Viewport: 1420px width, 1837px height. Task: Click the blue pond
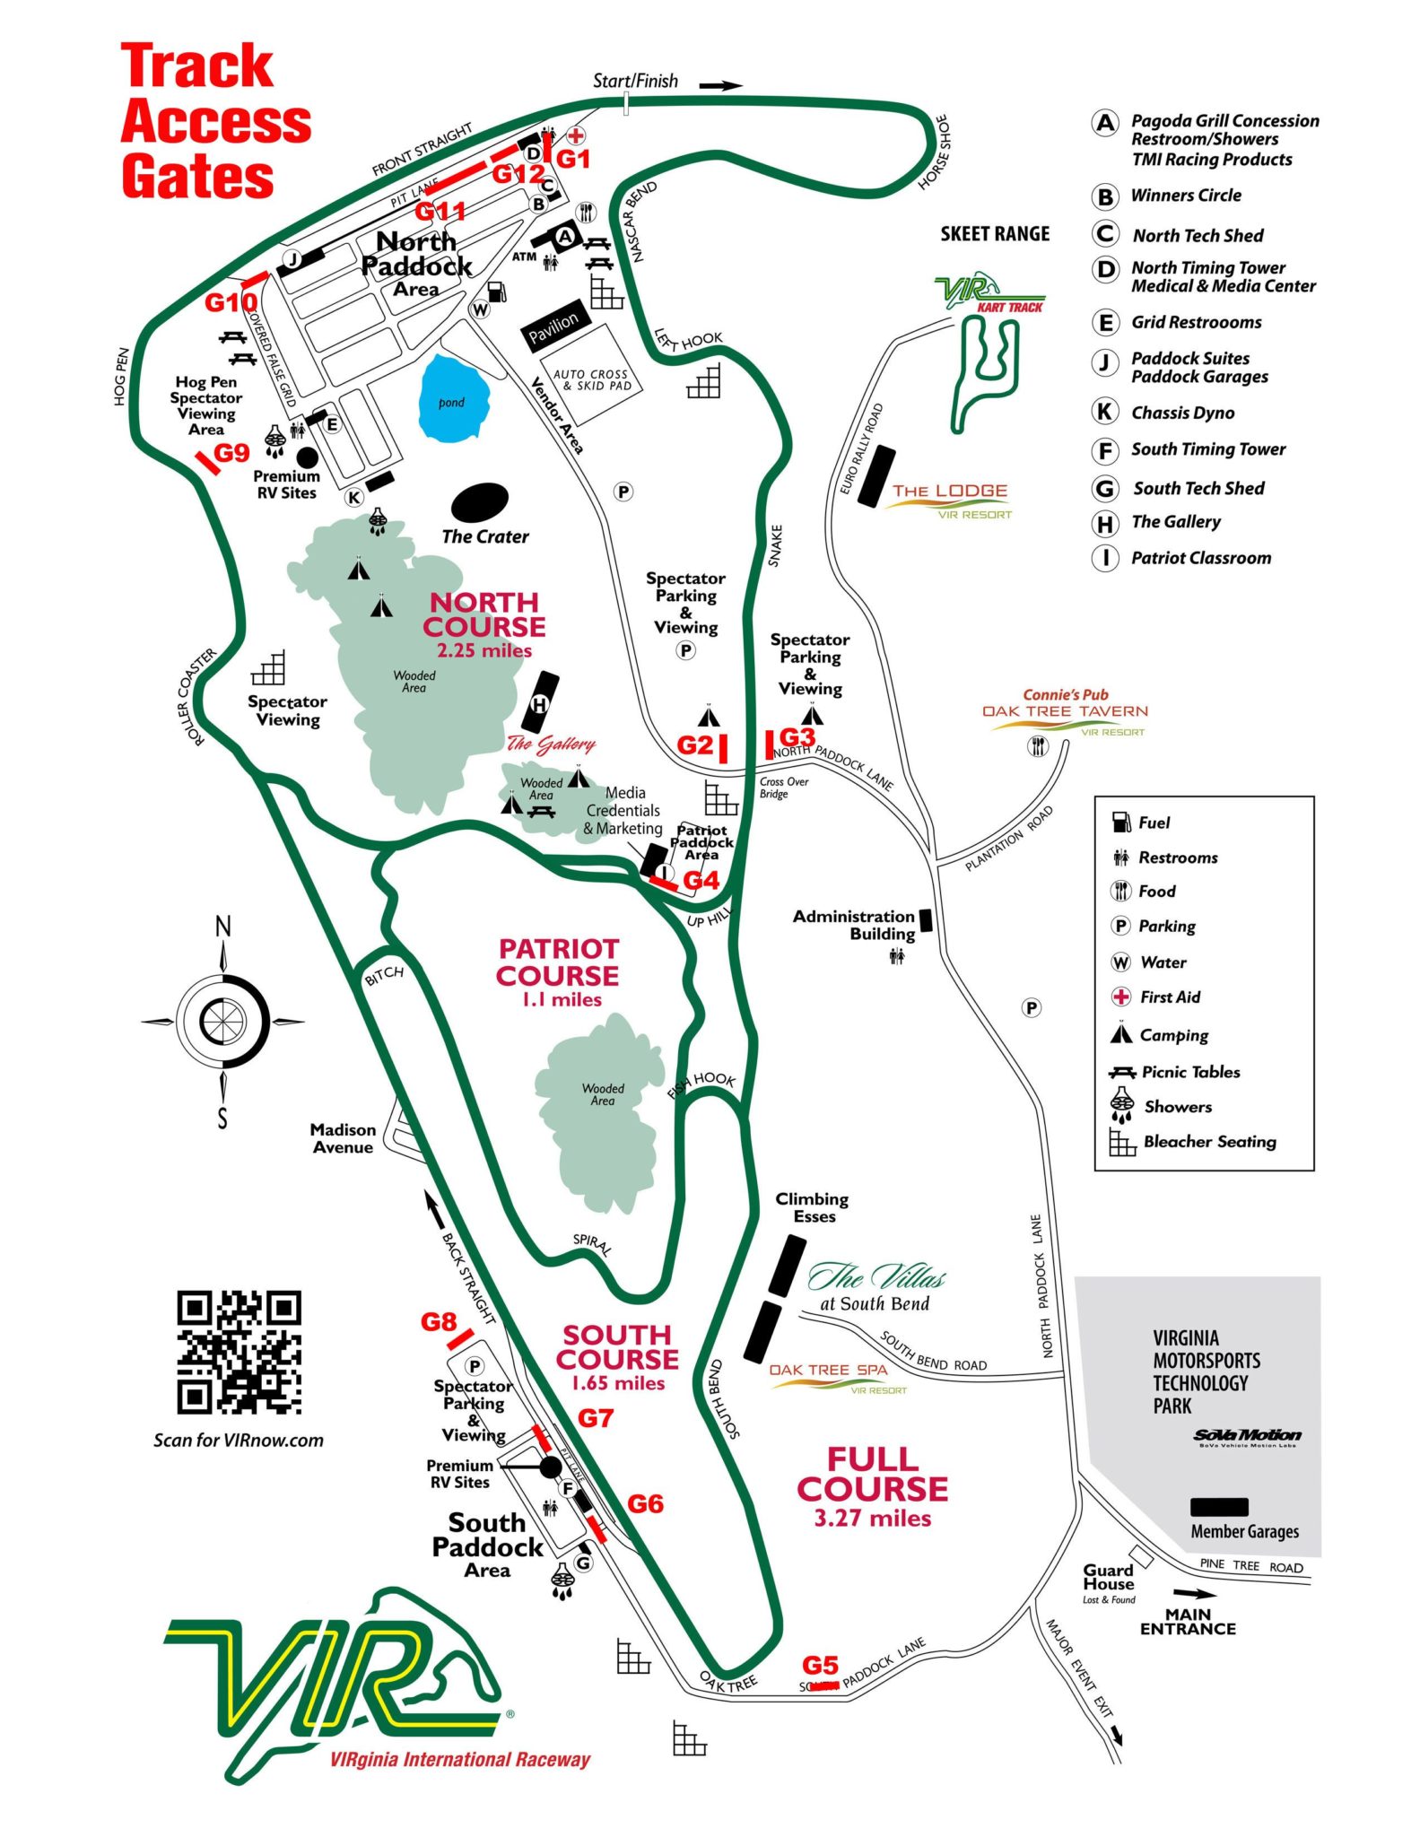(454, 399)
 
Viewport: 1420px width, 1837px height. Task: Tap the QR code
(239, 1352)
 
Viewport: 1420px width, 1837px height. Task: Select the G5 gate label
(820, 1666)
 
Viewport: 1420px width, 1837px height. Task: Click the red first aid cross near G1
(575, 136)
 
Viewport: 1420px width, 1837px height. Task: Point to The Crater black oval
(480, 502)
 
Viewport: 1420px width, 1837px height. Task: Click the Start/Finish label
(635, 81)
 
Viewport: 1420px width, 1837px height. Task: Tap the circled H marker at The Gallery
(540, 704)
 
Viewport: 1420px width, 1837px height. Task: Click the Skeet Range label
(995, 234)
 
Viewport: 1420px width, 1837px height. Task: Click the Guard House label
(1108, 1577)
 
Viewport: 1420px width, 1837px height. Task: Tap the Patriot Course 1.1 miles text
(558, 973)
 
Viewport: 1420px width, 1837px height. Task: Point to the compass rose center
(222, 1021)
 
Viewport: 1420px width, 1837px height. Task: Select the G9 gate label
(231, 453)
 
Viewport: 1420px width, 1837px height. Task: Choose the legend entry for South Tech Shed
(1198, 488)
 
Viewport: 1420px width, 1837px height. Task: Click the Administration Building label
(853, 925)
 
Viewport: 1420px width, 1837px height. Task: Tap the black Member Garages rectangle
(1218, 1506)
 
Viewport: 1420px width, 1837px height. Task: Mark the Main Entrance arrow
(1194, 1594)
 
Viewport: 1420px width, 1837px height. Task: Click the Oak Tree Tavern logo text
(1065, 711)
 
